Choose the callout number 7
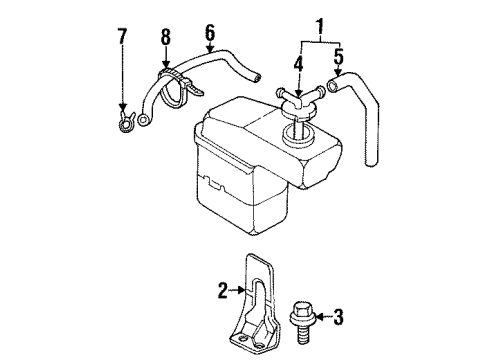pyautogui.click(x=123, y=38)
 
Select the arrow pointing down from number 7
pyautogui.click(x=123, y=85)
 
